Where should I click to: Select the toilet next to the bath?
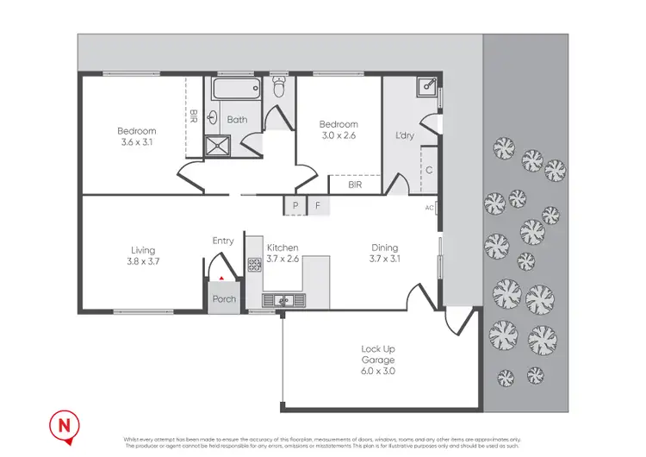278,87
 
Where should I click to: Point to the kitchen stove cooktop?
255,265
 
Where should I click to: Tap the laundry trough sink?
426,88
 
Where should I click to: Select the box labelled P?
295,206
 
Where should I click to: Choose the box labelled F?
318,206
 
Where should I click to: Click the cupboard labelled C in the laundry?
428,170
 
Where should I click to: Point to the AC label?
430,208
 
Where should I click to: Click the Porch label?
224,300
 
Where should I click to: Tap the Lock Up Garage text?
378,354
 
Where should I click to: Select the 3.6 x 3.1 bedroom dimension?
136,143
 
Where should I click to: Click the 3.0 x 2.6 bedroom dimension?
339,135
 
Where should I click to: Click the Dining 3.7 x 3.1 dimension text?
385,258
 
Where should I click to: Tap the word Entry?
223,241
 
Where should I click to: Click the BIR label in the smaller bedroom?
354,185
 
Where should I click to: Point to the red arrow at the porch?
221,278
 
